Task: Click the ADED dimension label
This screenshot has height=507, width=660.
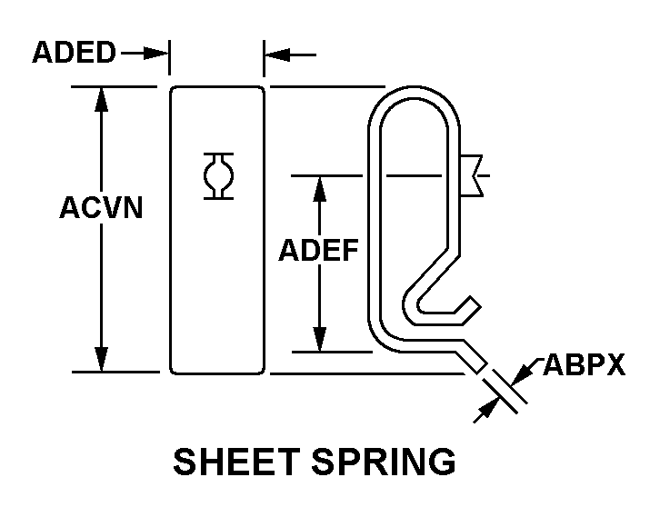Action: point(74,52)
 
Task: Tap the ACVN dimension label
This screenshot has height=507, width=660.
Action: point(101,207)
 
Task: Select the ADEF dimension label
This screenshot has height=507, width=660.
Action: point(318,250)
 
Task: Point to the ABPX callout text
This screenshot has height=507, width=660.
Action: point(585,364)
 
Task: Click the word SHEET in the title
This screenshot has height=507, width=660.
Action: point(236,462)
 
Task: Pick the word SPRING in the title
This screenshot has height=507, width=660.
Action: point(384,462)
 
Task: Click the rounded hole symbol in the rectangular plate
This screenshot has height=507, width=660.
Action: point(218,176)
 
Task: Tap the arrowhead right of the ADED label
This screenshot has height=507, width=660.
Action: point(155,54)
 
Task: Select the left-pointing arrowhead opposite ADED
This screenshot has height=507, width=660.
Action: point(277,55)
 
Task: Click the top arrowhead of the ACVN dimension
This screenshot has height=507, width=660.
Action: point(101,99)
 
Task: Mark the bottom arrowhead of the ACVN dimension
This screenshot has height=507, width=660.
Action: point(101,359)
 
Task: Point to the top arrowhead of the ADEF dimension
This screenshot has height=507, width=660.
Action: point(320,188)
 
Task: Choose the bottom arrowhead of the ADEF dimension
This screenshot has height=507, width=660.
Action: point(320,339)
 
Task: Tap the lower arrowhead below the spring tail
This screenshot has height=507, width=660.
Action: point(488,409)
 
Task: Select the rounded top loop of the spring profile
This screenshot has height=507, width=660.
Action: point(415,92)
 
